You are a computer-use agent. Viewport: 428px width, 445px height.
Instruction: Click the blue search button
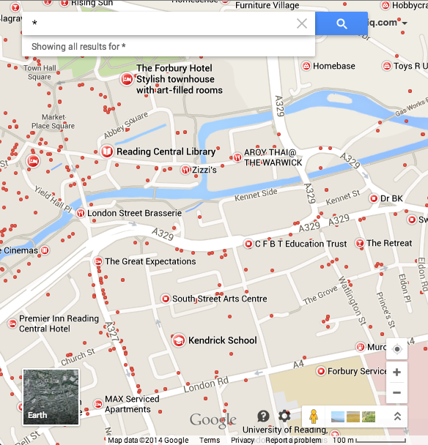342,23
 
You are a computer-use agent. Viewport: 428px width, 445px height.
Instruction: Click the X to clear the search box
302,23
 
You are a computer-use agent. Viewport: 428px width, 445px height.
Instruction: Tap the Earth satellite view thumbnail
51,397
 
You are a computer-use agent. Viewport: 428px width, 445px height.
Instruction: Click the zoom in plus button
396,373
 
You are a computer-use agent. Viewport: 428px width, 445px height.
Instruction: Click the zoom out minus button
396,392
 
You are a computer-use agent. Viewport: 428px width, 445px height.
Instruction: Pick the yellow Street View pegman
313,416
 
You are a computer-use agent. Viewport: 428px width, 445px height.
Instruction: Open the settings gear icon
284,416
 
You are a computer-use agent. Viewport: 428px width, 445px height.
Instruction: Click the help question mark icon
263,416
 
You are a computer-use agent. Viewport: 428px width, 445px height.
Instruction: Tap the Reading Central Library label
166,152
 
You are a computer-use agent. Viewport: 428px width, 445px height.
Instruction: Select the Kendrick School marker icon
177,340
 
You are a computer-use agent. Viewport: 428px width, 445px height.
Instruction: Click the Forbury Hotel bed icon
127,79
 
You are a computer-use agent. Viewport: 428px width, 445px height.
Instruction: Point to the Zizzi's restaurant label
204,170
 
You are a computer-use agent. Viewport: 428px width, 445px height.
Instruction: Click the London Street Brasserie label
134,213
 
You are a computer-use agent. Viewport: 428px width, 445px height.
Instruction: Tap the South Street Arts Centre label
219,299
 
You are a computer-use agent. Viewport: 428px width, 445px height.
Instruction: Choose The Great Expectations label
150,261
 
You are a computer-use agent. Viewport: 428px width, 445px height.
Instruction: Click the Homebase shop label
333,67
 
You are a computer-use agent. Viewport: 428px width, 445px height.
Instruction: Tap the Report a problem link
292,440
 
